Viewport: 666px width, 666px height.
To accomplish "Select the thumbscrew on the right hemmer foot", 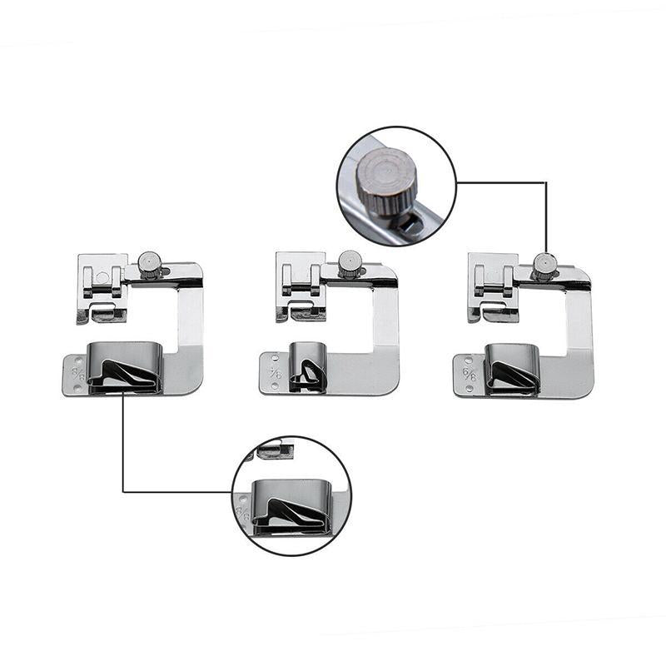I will (544, 265).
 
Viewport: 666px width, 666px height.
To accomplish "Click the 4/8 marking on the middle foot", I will (276, 371).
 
